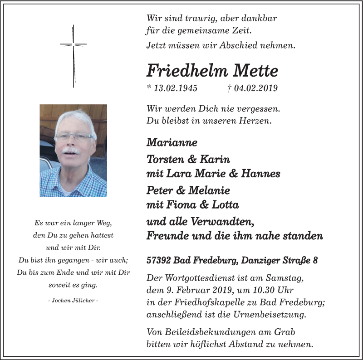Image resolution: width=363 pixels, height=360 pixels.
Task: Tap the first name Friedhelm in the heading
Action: pyautogui.click(x=187, y=70)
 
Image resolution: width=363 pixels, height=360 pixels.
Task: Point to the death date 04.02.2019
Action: pyautogui.click(x=255, y=88)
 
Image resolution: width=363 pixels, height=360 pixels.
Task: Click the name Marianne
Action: pyautogui.click(x=172, y=142)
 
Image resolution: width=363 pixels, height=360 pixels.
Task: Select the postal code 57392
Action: pyautogui.click(x=159, y=261)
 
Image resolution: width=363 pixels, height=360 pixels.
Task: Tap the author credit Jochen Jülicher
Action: pyautogui.click(x=73, y=301)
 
